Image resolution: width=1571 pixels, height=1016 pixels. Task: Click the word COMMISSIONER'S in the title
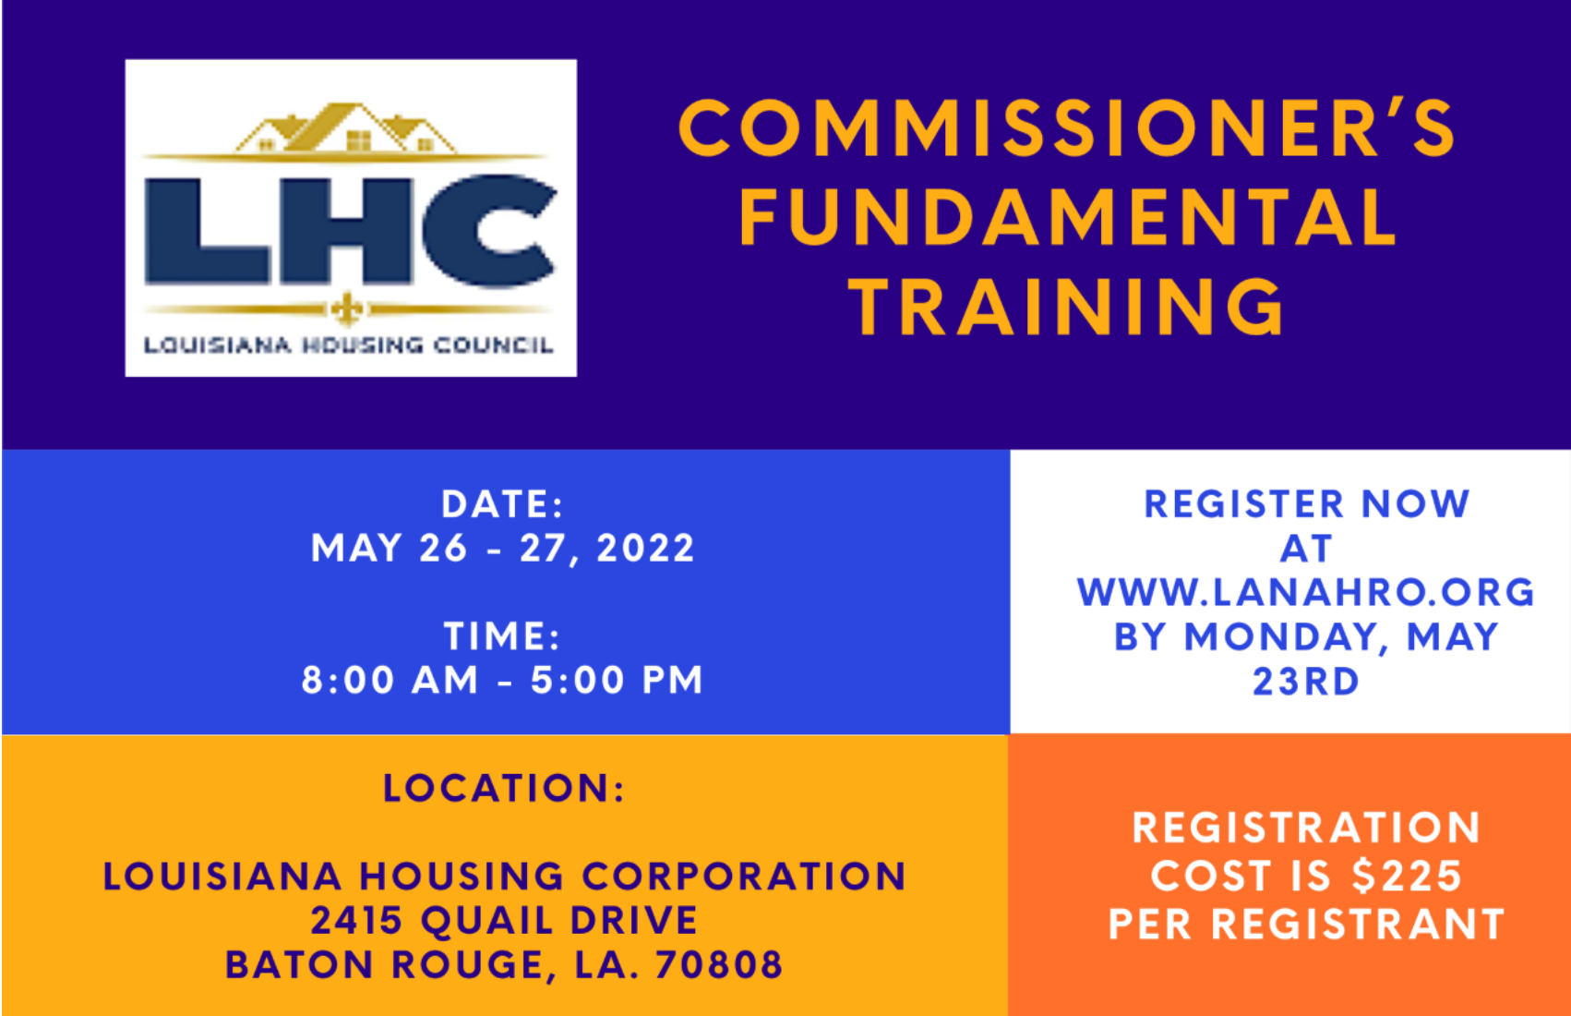point(1067,127)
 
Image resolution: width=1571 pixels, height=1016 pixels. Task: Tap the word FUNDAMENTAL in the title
point(1067,217)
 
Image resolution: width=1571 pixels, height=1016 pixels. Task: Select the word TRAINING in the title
point(1067,307)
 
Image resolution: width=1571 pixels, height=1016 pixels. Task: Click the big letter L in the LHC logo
point(206,232)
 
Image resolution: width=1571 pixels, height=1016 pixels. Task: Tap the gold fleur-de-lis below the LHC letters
point(346,308)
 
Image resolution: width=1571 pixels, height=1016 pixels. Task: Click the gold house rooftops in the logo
point(346,127)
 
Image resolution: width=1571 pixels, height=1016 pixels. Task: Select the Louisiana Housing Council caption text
point(349,345)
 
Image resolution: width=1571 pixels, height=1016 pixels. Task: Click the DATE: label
point(502,503)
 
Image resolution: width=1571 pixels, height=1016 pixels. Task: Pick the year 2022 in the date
point(645,548)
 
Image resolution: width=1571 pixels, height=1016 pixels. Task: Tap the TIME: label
point(502,635)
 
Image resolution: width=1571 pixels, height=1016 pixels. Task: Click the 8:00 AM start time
point(390,680)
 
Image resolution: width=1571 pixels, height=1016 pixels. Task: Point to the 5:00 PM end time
point(617,680)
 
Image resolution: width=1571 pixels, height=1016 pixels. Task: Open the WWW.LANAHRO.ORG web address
point(1306,592)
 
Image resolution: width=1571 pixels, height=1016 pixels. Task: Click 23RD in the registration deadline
point(1306,682)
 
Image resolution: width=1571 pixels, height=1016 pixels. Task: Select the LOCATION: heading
point(504,788)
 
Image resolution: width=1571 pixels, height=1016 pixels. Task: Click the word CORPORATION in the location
point(744,877)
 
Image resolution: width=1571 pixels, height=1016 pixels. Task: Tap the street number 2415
point(356,920)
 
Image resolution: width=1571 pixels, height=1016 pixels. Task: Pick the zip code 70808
point(719,964)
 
